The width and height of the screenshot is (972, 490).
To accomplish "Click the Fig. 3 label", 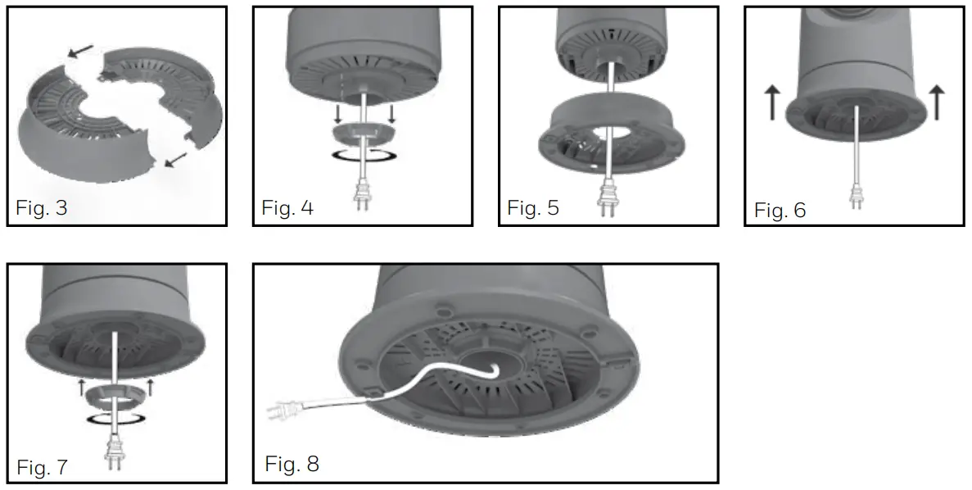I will coord(41,207).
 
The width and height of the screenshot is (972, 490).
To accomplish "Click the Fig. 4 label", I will coord(287,207).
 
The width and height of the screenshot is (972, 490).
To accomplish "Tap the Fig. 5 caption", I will coord(533,207).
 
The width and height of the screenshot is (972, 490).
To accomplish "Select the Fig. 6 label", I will coord(780,211).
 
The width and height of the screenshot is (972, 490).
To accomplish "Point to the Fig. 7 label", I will coord(43,468).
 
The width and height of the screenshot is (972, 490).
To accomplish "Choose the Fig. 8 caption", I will coord(292,464).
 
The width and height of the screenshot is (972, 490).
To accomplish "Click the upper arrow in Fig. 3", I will coord(79,52).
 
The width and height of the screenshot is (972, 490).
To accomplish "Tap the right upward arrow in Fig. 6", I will coord(938,101).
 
